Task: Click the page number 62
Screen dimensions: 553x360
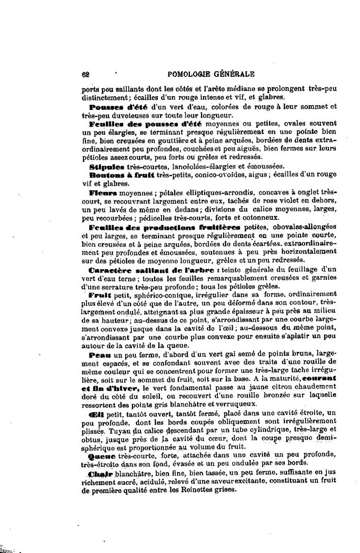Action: tap(86, 73)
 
